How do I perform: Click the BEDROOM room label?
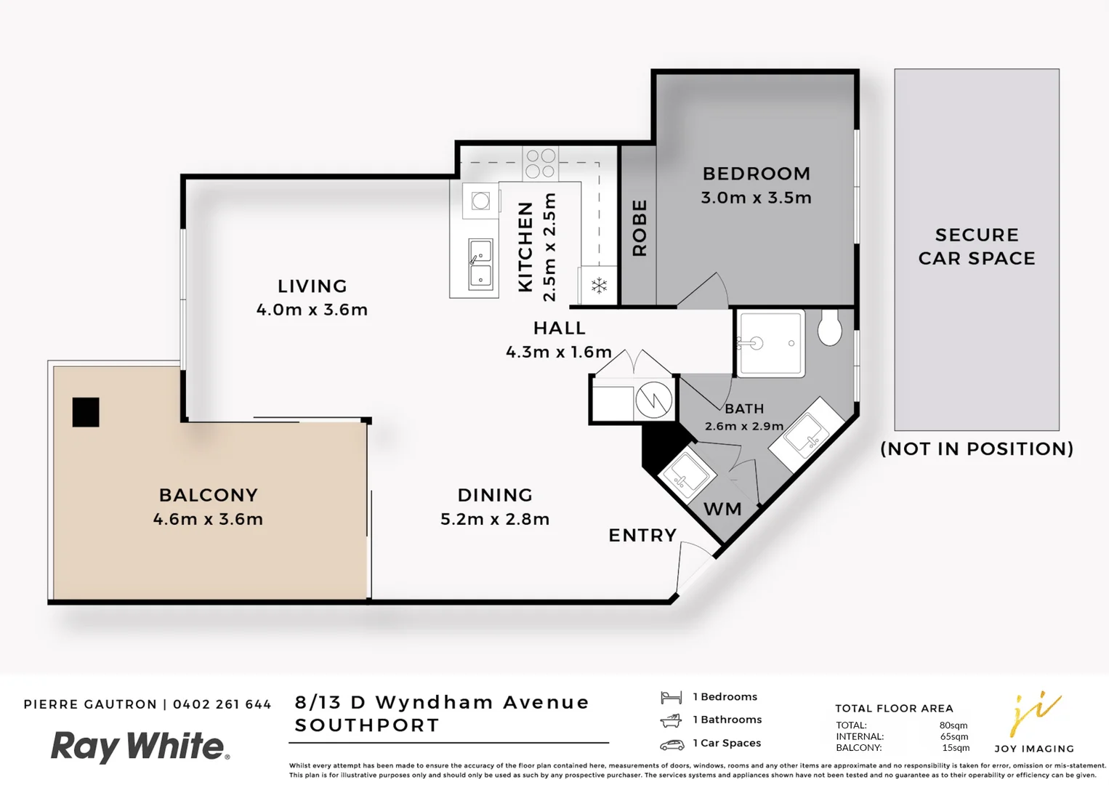tap(756, 174)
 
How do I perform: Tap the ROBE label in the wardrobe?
tap(640, 228)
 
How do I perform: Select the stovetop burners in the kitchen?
tap(540, 164)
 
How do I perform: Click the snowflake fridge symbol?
tap(599, 286)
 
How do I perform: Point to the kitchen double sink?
tap(480, 264)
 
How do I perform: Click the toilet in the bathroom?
tap(829, 328)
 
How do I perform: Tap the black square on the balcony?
tap(86, 412)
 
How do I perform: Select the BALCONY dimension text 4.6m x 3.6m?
tap(208, 519)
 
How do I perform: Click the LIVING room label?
tap(312, 286)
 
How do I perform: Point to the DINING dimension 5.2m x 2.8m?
tap(495, 519)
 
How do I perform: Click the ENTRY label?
tap(642, 536)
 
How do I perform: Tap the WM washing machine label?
tap(722, 510)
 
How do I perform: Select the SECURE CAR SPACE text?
tap(977, 246)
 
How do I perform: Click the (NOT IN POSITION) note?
tap(977, 449)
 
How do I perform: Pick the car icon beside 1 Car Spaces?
tap(672, 744)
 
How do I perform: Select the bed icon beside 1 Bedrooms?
tap(671, 698)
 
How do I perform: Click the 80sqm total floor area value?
tap(953, 725)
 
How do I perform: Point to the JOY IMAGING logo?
tap(1034, 723)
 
